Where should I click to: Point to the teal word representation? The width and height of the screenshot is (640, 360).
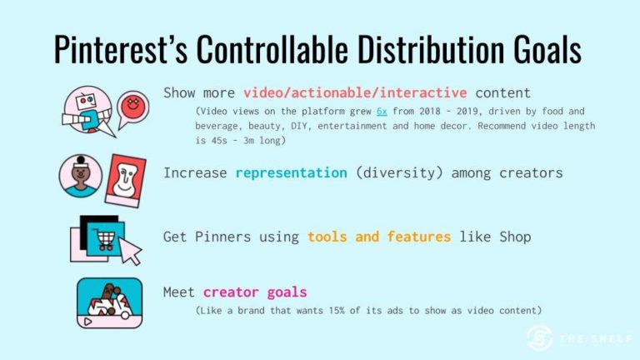[x=291, y=173]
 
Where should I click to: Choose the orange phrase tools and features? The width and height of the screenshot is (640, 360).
[x=379, y=237]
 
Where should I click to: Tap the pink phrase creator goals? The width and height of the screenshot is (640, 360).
[x=255, y=292]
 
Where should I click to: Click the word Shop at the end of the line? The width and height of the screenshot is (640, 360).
[x=513, y=237]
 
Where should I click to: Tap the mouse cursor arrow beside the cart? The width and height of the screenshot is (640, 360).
[x=131, y=249]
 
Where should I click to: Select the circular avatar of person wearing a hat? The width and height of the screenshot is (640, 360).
[x=80, y=176]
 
